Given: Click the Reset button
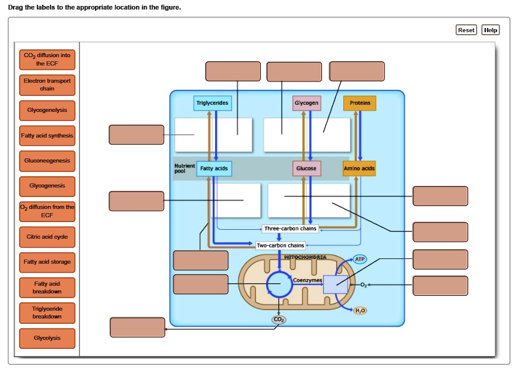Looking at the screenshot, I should (466, 30).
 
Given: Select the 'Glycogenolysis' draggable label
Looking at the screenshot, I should (47, 110).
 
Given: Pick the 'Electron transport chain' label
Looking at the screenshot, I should (47, 85).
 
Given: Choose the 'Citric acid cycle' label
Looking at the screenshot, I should (47, 237).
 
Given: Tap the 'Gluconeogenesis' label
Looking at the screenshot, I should (47, 161).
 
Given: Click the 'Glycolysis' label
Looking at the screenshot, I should (47, 338).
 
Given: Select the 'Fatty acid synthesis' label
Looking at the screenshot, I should (47, 136).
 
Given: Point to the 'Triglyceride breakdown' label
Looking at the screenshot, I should (47, 312).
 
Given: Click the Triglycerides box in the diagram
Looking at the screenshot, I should (212, 103).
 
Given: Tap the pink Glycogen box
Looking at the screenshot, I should (306, 103).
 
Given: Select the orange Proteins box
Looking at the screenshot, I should (360, 103).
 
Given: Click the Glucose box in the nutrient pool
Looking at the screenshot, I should (306, 168).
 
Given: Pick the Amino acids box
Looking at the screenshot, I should (359, 168).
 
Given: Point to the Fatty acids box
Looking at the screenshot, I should (214, 168).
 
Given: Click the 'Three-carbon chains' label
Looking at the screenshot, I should (290, 229).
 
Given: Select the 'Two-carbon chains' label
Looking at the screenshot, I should (280, 245).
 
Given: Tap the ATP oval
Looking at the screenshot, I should (360, 259).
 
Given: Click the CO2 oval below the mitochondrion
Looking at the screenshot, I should (278, 320).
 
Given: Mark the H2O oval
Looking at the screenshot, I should (360, 311).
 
